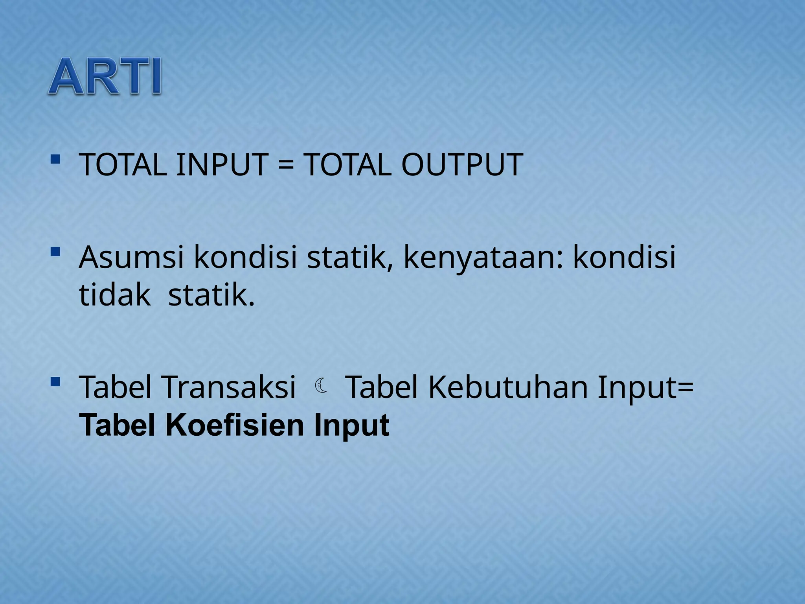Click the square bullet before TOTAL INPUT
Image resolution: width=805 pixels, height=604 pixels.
55,159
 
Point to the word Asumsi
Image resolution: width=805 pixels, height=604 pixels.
132,257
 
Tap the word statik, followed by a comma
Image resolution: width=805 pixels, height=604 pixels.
349,257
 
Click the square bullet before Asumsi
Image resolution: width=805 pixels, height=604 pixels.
55,251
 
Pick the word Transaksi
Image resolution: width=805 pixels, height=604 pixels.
229,387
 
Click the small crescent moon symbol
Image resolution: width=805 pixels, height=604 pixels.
321,385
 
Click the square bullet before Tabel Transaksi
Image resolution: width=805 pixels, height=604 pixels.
55,381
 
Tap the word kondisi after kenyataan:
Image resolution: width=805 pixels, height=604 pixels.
624,257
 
